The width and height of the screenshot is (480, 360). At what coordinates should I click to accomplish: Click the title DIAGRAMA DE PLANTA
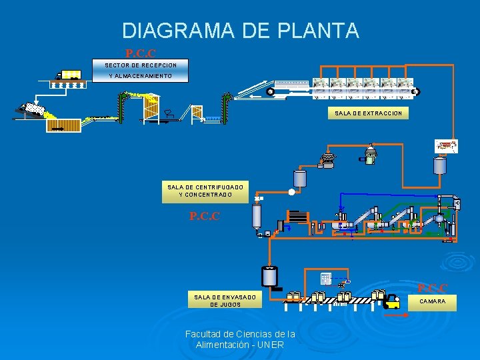pyautogui.click(x=240, y=31)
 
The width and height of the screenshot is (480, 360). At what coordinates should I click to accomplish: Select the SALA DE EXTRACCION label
pyautogui.click(x=368, y=114)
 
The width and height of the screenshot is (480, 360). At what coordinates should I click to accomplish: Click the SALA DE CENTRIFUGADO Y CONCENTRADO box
pyautogui.click(x=205, y=191)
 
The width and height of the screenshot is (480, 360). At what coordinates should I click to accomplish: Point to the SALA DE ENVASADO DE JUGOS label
pyautogui.click(x=218, y=300)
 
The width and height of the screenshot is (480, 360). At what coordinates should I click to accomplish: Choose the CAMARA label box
pyautogui.click(x=432, y=301)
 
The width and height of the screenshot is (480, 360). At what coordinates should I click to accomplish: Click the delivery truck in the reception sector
pyautogui.click(x=69, y=75)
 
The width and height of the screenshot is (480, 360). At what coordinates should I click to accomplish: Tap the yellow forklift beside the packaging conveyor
pyautogui.click(x=393, y=302)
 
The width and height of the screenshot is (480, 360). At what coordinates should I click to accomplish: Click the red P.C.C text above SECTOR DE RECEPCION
pyautogui.click(x=141, y=53)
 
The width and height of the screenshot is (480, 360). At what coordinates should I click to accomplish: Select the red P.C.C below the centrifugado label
pyautogui.click(x=205, y=217)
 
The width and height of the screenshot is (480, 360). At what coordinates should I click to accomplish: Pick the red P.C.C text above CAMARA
pyautogui.click(x=432, y=288)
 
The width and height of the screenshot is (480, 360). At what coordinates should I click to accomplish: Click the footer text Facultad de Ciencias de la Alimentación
pyautogui.click(x=240, y=339)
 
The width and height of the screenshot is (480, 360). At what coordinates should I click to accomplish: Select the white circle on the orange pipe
pyautogui.click(x=291, y=193)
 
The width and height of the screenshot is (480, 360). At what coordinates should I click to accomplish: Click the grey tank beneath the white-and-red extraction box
pyautogui.click(x=439, y=165)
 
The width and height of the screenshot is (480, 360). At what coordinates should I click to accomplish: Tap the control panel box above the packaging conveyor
pyautogui.click(x=325, y=279)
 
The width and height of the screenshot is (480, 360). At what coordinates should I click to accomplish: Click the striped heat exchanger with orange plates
pyautogui.click(x=298, y=217)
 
